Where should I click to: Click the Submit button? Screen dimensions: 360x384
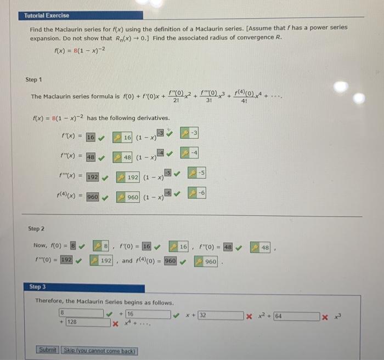click(48, 350)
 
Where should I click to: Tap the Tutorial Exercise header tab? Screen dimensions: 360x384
click(47, 15)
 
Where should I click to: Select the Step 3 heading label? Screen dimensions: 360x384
click(38, 287)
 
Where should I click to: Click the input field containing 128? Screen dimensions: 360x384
click(88, 322)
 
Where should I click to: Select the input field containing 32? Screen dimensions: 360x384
click(221, 316)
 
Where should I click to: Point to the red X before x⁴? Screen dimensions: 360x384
click(115, 323)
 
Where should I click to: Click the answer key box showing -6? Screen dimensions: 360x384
click(197, 192)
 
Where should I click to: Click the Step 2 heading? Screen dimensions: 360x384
click(36, 227)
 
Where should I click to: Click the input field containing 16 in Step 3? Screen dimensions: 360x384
click(148, 315)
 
